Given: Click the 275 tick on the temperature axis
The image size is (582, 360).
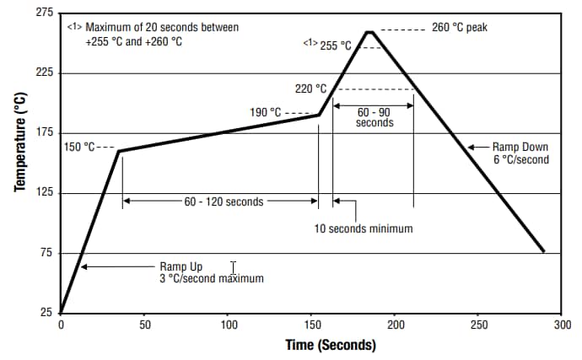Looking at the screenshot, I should [44, 13].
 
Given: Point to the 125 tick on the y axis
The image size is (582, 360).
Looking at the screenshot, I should [44, 193].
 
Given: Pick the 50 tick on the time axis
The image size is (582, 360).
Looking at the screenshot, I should [144, 324].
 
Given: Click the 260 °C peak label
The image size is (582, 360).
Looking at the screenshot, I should [459, 28].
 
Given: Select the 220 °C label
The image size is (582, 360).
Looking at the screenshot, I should [310, 89].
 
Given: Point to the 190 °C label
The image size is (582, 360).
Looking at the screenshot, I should [265, 112].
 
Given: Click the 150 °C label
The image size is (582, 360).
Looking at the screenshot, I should [80, 147].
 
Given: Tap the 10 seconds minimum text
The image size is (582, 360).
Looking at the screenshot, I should [364, 228].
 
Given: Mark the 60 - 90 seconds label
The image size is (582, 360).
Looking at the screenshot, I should [375, 116].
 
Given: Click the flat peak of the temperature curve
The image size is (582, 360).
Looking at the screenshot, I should [369, 31].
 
